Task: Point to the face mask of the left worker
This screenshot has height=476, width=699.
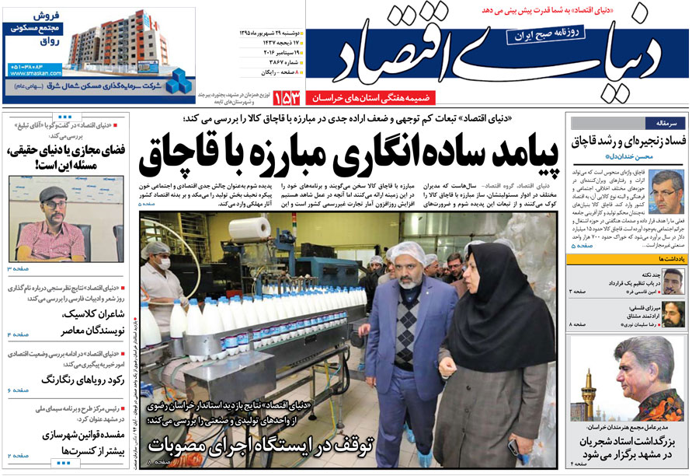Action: (164, 264)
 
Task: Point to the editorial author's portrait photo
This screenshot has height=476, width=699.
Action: (666, 191)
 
